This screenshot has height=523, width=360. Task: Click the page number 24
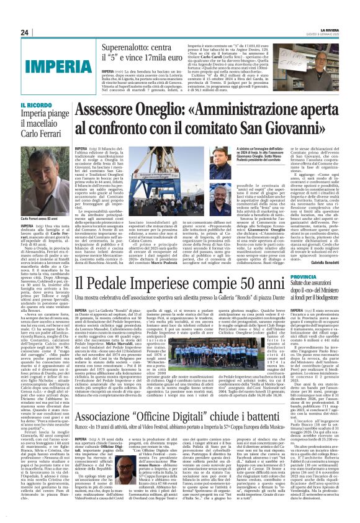point(25,32)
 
